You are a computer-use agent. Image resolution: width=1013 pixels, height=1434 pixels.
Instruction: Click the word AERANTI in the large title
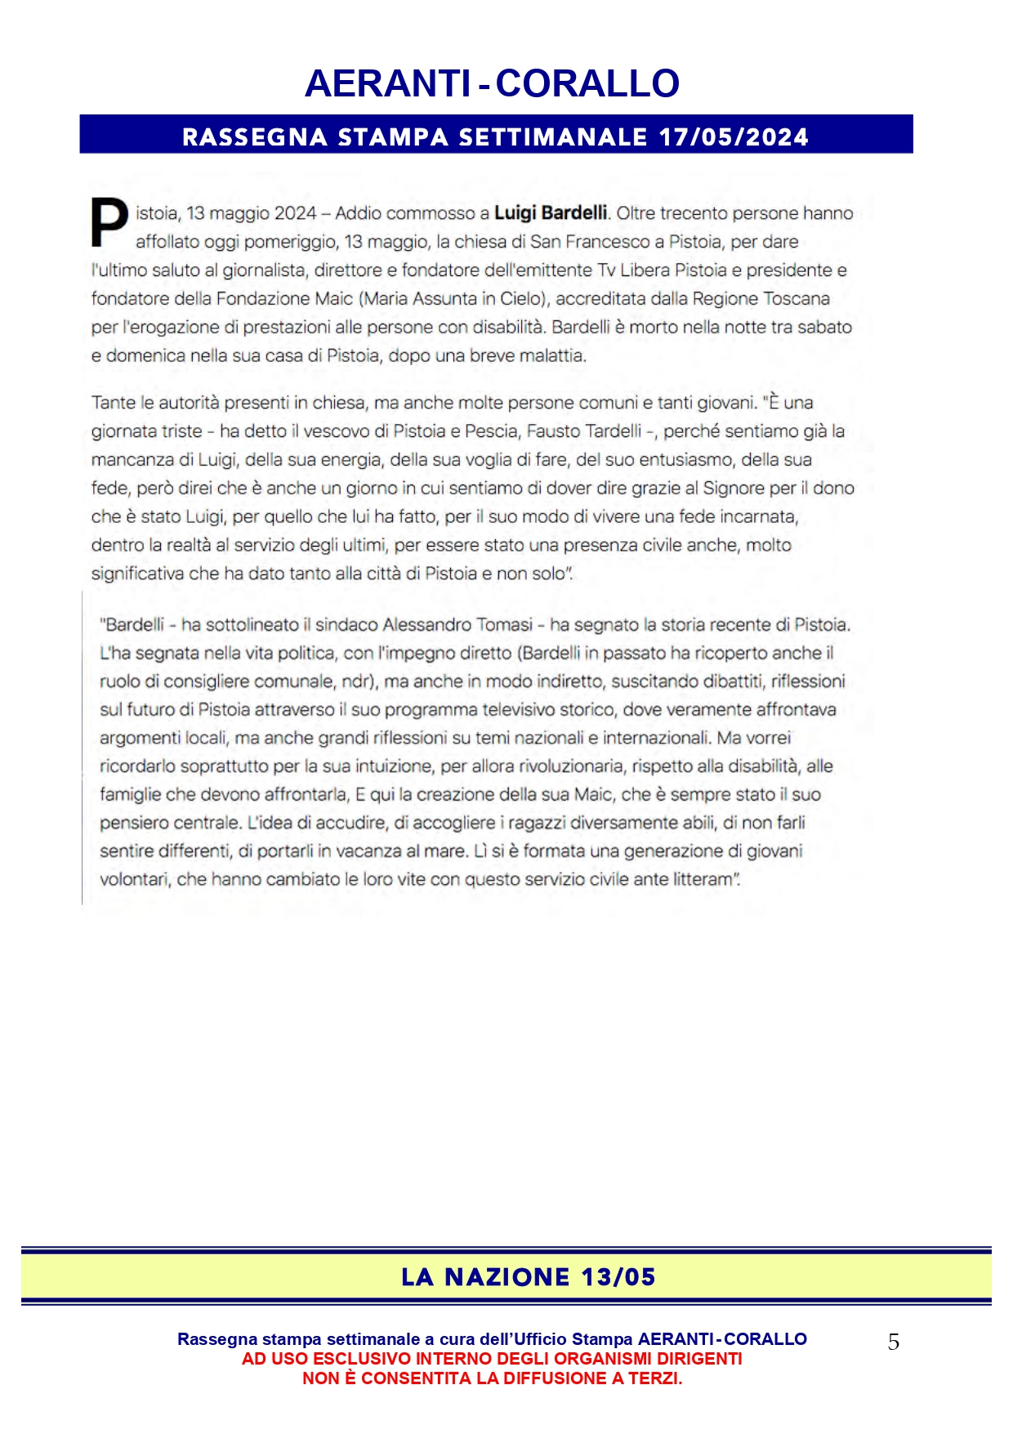387,83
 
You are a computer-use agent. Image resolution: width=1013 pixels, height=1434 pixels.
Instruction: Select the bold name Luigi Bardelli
551,213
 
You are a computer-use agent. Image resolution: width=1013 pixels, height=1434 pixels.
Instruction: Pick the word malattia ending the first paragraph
555,356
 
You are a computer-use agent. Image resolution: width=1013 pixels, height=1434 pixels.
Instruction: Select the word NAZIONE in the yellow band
506,1277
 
